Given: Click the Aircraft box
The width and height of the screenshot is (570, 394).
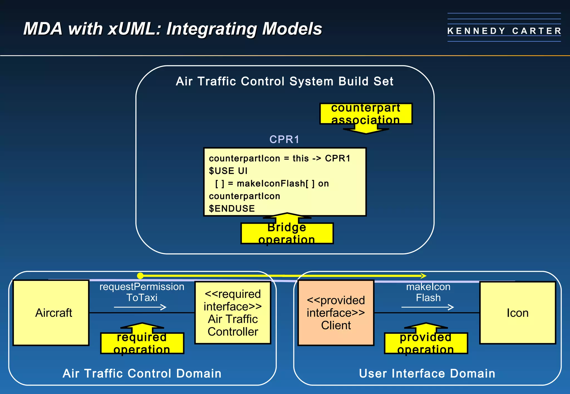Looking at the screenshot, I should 51,313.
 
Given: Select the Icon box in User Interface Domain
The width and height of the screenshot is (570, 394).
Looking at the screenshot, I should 518,313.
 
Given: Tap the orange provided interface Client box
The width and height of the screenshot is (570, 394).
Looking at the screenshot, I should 336,313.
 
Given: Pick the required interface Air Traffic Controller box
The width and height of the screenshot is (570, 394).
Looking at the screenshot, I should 233,313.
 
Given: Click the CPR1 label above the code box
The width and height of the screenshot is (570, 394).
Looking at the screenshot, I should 284,139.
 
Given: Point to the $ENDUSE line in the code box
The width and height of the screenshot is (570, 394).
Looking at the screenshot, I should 232,208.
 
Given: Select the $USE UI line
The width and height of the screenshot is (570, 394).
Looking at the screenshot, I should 228,171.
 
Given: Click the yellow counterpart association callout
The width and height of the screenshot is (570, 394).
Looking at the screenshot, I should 366,114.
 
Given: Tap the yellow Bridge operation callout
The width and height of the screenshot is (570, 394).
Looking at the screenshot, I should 287,233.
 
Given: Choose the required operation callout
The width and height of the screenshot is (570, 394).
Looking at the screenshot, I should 142,343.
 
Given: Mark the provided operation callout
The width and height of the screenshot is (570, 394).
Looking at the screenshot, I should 426,343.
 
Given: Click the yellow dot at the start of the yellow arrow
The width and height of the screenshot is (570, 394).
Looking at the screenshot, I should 140,276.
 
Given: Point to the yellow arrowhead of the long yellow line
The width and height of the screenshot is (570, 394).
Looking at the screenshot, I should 424,276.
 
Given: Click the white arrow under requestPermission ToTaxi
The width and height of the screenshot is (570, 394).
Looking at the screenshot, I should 140,307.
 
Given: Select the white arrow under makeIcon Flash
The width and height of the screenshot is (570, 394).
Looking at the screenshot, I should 428,307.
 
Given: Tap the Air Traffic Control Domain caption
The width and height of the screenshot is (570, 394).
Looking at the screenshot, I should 142,373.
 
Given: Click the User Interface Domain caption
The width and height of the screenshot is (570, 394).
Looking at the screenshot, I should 427,373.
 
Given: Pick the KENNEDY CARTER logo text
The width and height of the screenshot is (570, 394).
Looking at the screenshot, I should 504,31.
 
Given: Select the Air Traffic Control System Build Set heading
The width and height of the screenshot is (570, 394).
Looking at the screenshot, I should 284,81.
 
